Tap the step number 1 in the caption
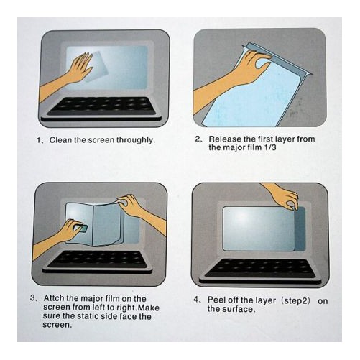[x=40, y=139]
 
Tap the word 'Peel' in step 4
[x=218, y=301]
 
